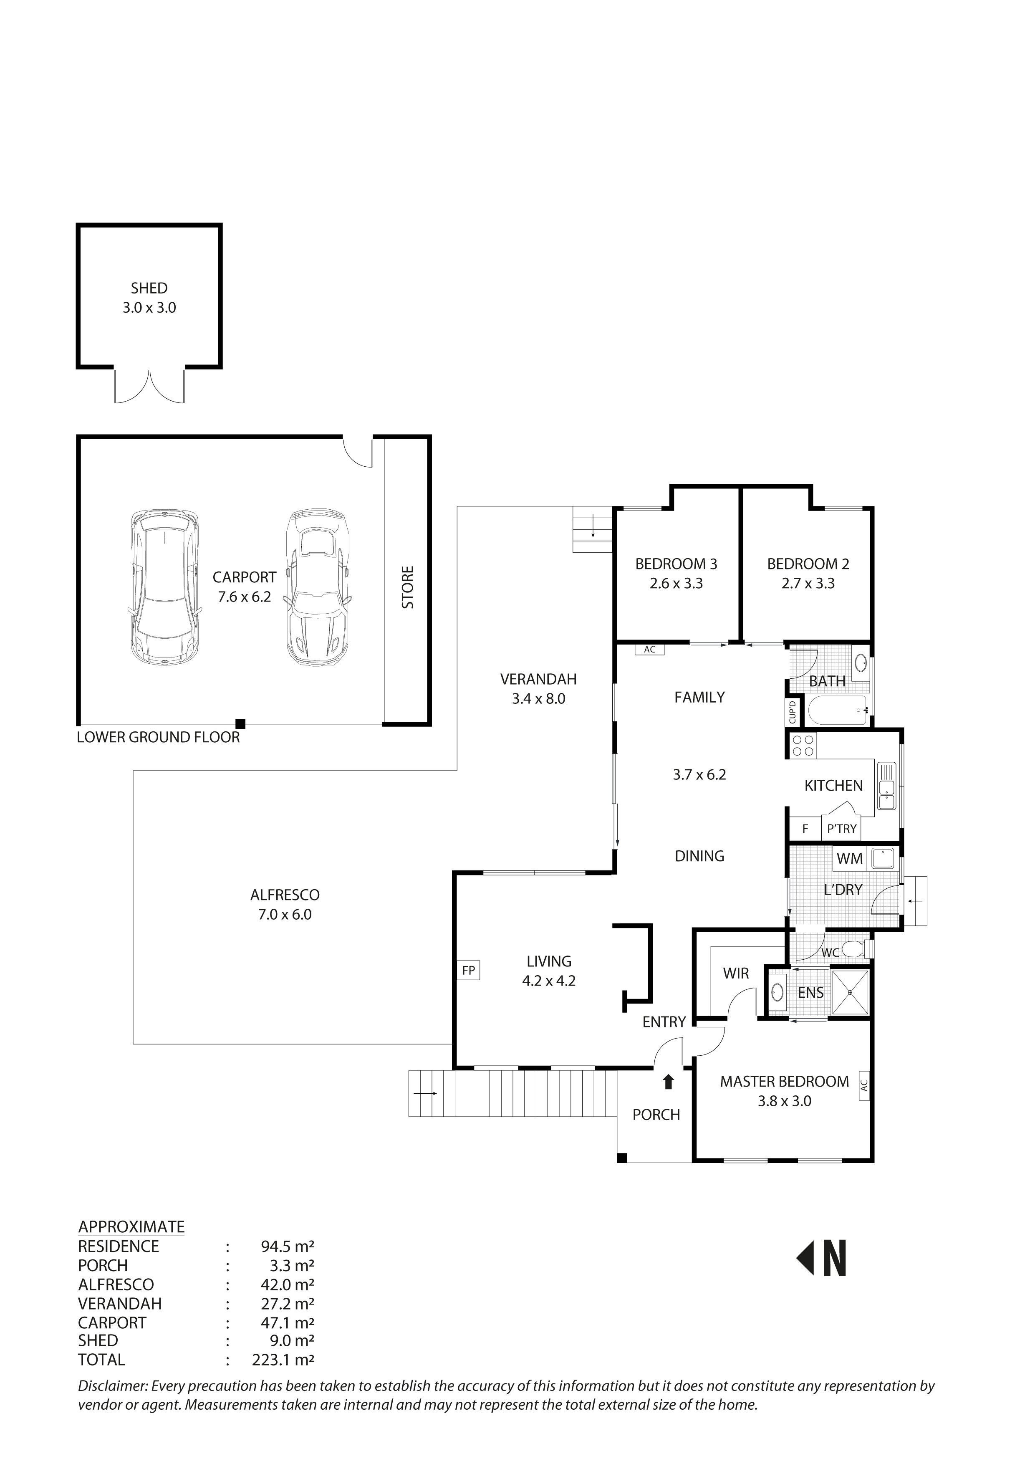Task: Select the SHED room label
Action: [149, 288]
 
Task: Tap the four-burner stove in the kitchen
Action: [803, 746]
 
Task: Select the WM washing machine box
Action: [850, 858]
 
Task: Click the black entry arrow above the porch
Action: [668, 1082]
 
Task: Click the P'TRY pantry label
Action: [841, 829]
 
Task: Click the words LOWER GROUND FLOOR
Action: [158, 737]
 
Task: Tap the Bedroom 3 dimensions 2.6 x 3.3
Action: [676, 583]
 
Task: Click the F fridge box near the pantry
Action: [805, 829]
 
